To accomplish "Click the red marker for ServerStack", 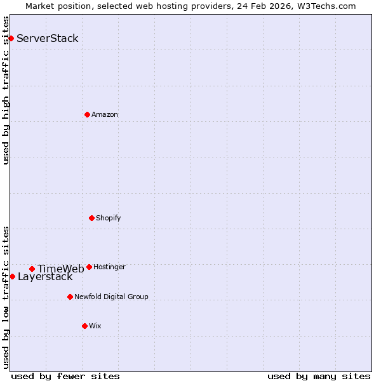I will coord(11,38).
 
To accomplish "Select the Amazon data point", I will coord(87,114).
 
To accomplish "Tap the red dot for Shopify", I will coord(91,218).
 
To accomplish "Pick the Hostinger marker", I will coord(89,267).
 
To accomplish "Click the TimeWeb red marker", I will coord(32,269).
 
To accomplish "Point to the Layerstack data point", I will coord(12,276).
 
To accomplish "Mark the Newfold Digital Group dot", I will coord(70,297).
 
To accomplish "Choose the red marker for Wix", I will coord(84,326).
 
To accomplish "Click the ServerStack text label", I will coord(48,38).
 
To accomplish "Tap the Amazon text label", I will coord(105,114).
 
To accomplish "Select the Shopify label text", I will coord(109,218).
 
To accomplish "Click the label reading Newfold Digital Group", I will coord(111,297).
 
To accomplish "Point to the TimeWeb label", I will coord(61,269).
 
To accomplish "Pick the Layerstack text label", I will coord(45,277).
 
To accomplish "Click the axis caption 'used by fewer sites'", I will coord(65,376).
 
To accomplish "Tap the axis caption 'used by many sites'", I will coord(319,376).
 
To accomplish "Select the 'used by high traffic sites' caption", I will coord(6,91).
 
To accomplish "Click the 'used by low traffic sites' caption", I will coord(6,297).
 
